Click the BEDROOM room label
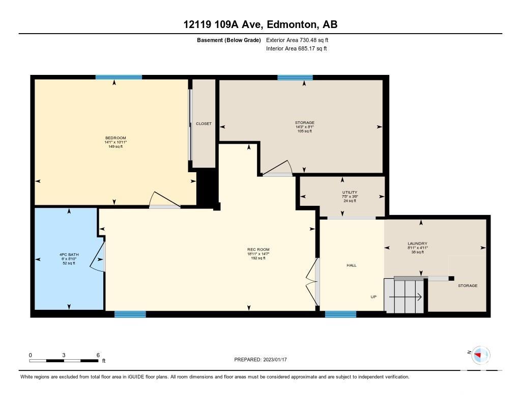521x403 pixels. (x=115, y=138)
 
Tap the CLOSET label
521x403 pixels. (x=204, y=123)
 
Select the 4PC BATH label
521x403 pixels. (x=69, y=255)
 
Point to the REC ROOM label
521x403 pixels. (x=258, y=249)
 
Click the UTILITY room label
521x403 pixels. (x=350, y=192)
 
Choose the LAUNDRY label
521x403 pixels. (x=417, y=243)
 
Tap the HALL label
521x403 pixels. (x=352, y=265)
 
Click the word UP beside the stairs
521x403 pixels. (x=373, y=297)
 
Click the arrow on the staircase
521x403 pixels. (x=406, y=297)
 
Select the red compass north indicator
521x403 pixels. (x=478, y=355)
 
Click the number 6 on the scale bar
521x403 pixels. (x=98, y=355)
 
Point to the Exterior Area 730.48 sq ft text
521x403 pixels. (x=297, y=40)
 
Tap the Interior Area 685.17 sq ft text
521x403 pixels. (x=297, y=48)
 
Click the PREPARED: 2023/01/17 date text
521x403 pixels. (x=260, y=359)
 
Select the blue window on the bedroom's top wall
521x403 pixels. (x=119, y=77)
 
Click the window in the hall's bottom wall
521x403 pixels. (x=340, y=314)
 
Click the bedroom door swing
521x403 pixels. (x=164, y=200)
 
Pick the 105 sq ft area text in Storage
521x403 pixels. (x=305, y=131)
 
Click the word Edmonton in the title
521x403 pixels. (x=291, y=24)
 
